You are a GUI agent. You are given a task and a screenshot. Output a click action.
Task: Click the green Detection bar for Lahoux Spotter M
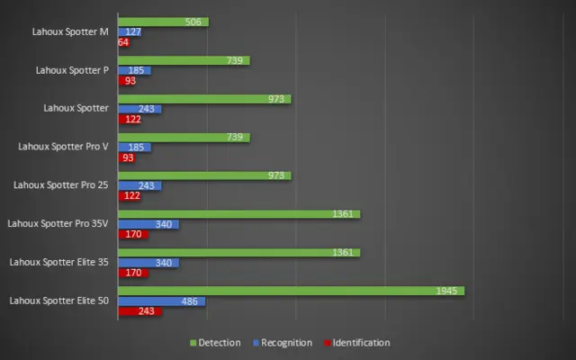click(x=162, y=22)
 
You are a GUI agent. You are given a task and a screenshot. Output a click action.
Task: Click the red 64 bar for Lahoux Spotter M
click(x=124, y=41)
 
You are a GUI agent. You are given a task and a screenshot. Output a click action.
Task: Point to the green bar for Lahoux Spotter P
click(x=184, y=60)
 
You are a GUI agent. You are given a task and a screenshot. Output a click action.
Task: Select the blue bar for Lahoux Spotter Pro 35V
click(x=148, y=224)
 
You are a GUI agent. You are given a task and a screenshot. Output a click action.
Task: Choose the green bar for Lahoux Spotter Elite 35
click(x=238, y=253)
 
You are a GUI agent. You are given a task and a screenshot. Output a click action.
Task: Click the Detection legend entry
click(x=215, y=343)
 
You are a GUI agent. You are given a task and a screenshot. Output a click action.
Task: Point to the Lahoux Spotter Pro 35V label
click(x=58, y=223)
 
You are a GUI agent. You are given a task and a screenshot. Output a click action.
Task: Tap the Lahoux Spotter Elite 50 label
click(x=59, y=301)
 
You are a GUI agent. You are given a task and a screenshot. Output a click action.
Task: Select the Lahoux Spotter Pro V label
click(x=63, y=146)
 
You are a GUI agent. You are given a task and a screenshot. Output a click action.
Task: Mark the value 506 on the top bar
click(x=196, y=22)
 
